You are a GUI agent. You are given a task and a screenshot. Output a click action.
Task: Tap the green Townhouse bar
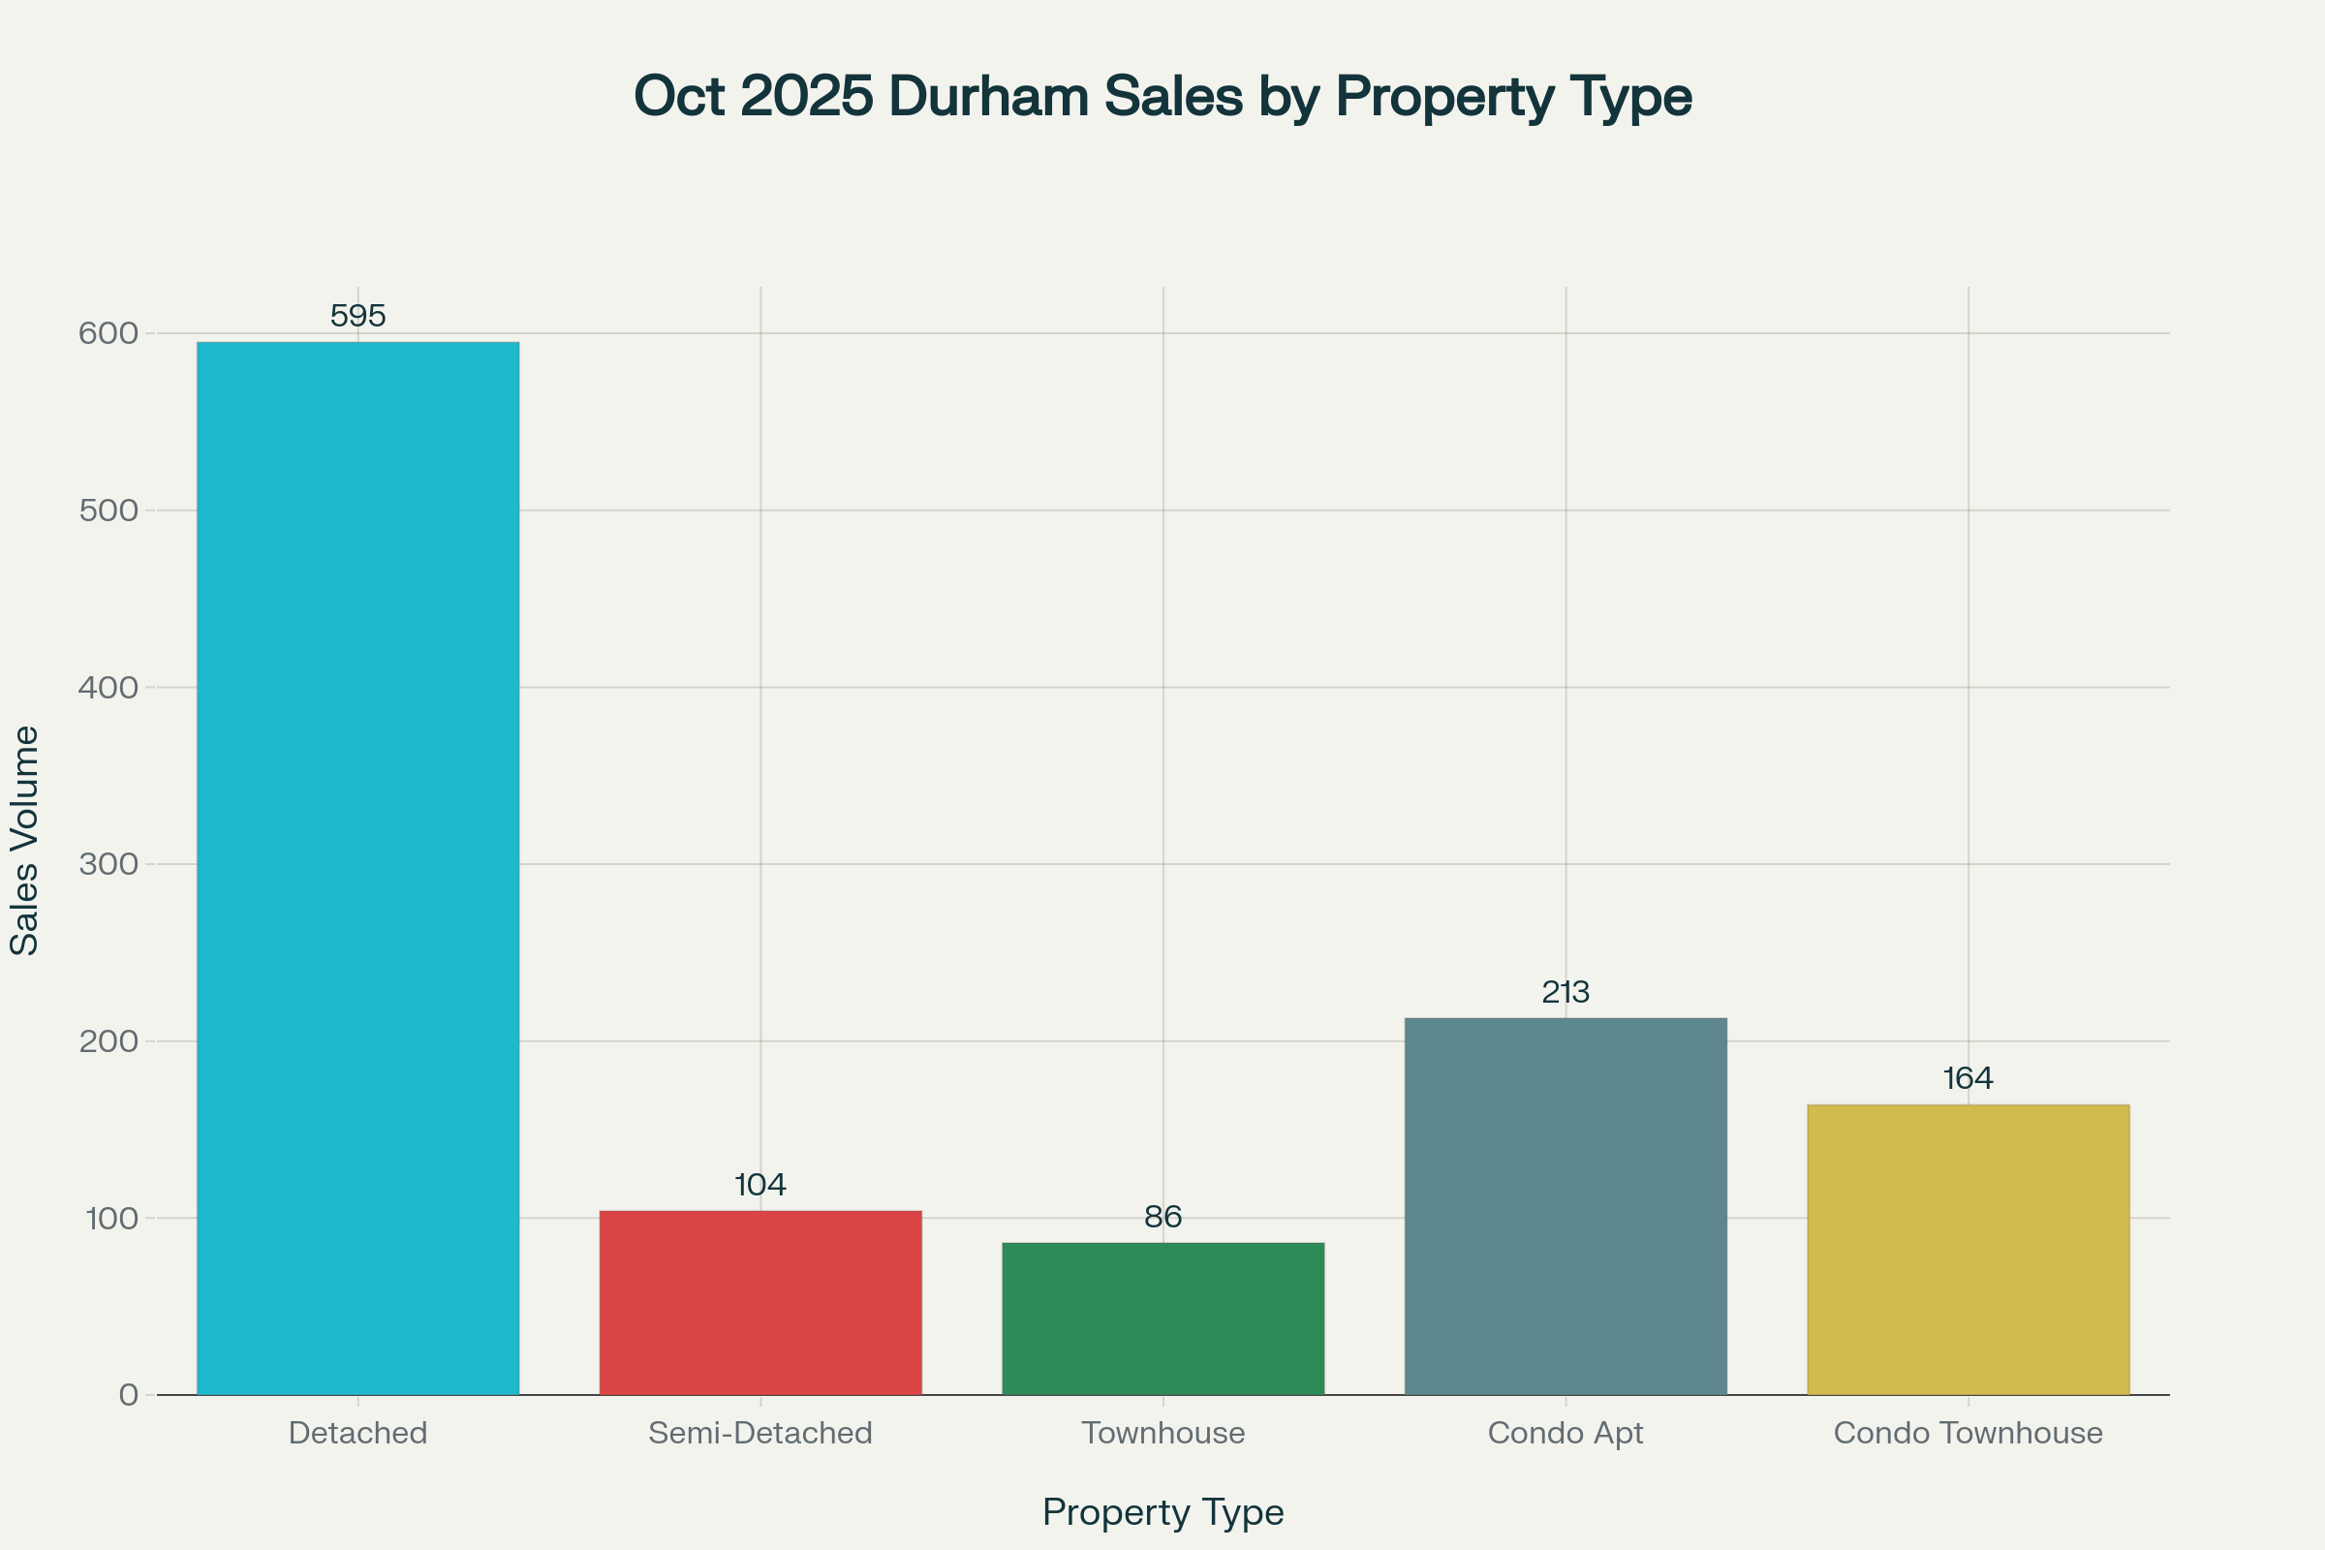1162,1318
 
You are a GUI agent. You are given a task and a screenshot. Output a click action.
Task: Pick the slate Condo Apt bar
1565,1206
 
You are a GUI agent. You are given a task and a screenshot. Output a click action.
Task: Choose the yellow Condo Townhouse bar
1968,1250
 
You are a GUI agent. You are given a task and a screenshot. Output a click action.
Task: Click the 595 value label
357,317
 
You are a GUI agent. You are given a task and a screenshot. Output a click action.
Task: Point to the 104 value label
760,1185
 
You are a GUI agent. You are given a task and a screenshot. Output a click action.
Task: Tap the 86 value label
1162,1217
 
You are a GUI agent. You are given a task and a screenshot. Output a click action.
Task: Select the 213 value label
1565,992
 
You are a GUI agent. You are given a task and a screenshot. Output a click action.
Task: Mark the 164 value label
1968,1078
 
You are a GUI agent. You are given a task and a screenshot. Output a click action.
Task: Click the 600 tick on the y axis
108,333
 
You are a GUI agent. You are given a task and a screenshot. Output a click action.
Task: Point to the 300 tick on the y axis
108,864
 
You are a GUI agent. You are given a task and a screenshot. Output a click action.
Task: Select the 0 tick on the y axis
129,1395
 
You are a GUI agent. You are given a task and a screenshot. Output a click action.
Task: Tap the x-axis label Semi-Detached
760,1434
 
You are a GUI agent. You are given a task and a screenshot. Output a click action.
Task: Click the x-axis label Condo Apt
1565,1434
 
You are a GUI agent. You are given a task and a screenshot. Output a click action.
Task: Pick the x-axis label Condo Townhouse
1968,1434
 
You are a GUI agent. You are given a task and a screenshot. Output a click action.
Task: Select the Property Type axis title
1162,1512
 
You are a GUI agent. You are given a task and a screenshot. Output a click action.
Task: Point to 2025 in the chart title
807,96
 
